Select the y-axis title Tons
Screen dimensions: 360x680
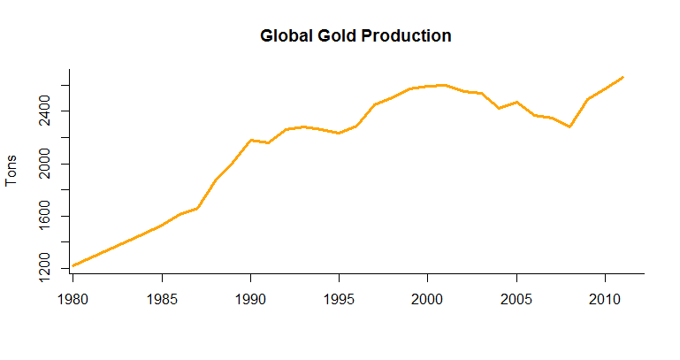(11, 170)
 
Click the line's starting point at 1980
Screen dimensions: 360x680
(73, 265)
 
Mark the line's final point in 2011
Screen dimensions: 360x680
(623, 77)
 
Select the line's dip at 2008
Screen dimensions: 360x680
(569, 126)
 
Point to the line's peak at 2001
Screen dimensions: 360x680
(445, 85)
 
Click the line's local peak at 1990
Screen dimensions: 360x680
(250, 140)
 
